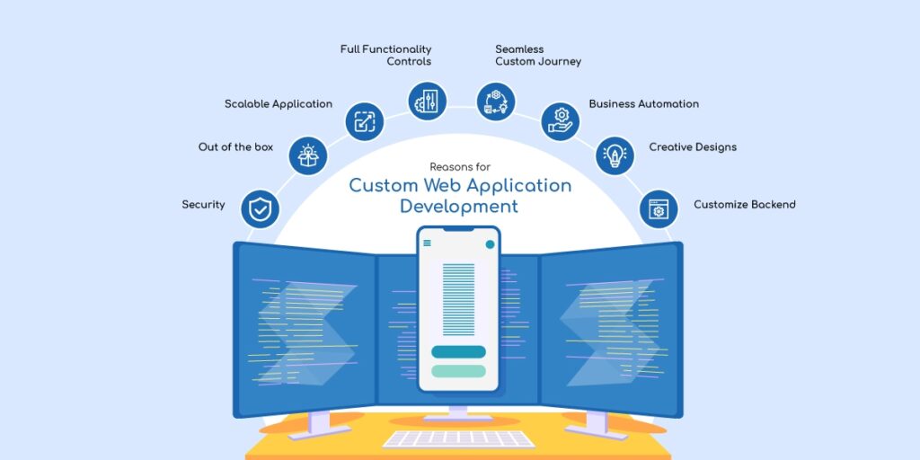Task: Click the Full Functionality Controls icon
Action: pos(426,101)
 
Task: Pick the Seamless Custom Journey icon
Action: pos(495,101)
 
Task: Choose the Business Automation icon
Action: pos(560,120)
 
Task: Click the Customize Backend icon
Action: pos(659,209)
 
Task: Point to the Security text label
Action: pos(203,205)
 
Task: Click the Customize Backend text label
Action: pos(744,205)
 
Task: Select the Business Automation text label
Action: pos(643,104)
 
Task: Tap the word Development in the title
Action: pos(459,207)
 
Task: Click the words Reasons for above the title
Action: pos(460,167)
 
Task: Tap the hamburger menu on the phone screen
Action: pos(427,243)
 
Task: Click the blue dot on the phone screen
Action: pos(490,243)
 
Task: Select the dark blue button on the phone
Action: pos(458,351)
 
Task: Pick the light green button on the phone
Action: pos(458,370)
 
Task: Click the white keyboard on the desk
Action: pos(458,438)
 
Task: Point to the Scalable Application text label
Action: pos(279,104)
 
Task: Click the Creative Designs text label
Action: pos(693,147)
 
